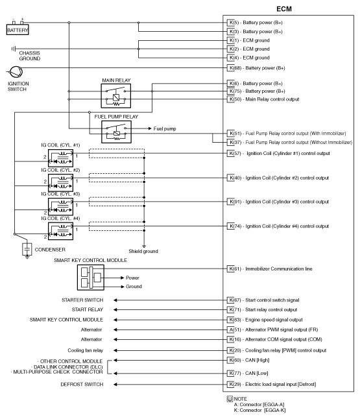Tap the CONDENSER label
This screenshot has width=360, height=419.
[49, 248]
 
